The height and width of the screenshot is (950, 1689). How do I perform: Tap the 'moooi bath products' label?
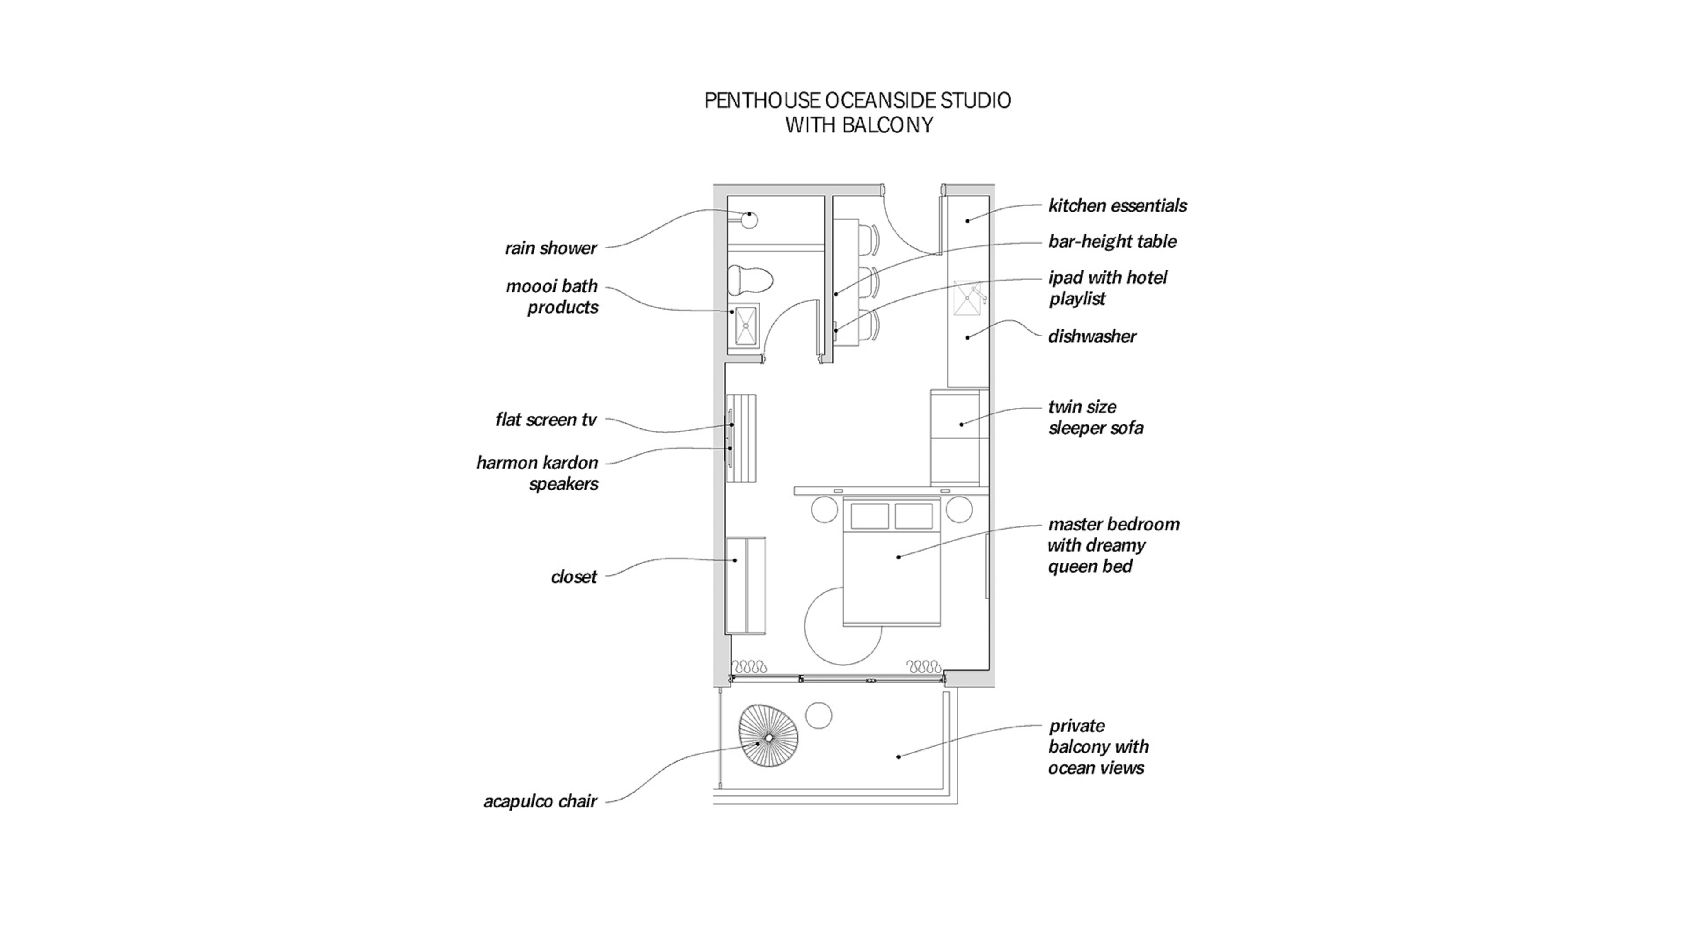coord(552,296)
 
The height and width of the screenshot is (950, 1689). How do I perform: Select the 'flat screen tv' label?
coord(545,420)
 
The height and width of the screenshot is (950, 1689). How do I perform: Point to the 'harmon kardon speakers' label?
coord(537,473)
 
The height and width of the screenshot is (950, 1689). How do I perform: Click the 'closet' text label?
coord(574,577)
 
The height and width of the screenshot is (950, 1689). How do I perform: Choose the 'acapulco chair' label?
coord(540,801)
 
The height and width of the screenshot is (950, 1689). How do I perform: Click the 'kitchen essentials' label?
coord(1117,206)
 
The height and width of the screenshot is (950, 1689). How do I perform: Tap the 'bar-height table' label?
coord(1112,242)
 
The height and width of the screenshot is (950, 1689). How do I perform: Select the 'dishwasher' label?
coord(1092,336)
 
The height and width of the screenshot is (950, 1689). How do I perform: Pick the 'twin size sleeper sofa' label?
coord(1095,417)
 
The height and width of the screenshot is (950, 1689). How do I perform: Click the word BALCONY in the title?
coord(887,124)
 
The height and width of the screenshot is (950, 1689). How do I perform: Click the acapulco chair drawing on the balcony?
coord(768,736)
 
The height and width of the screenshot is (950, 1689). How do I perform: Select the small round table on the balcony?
coord(818,715)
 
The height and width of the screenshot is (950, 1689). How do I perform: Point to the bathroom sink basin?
coord(746,325)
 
